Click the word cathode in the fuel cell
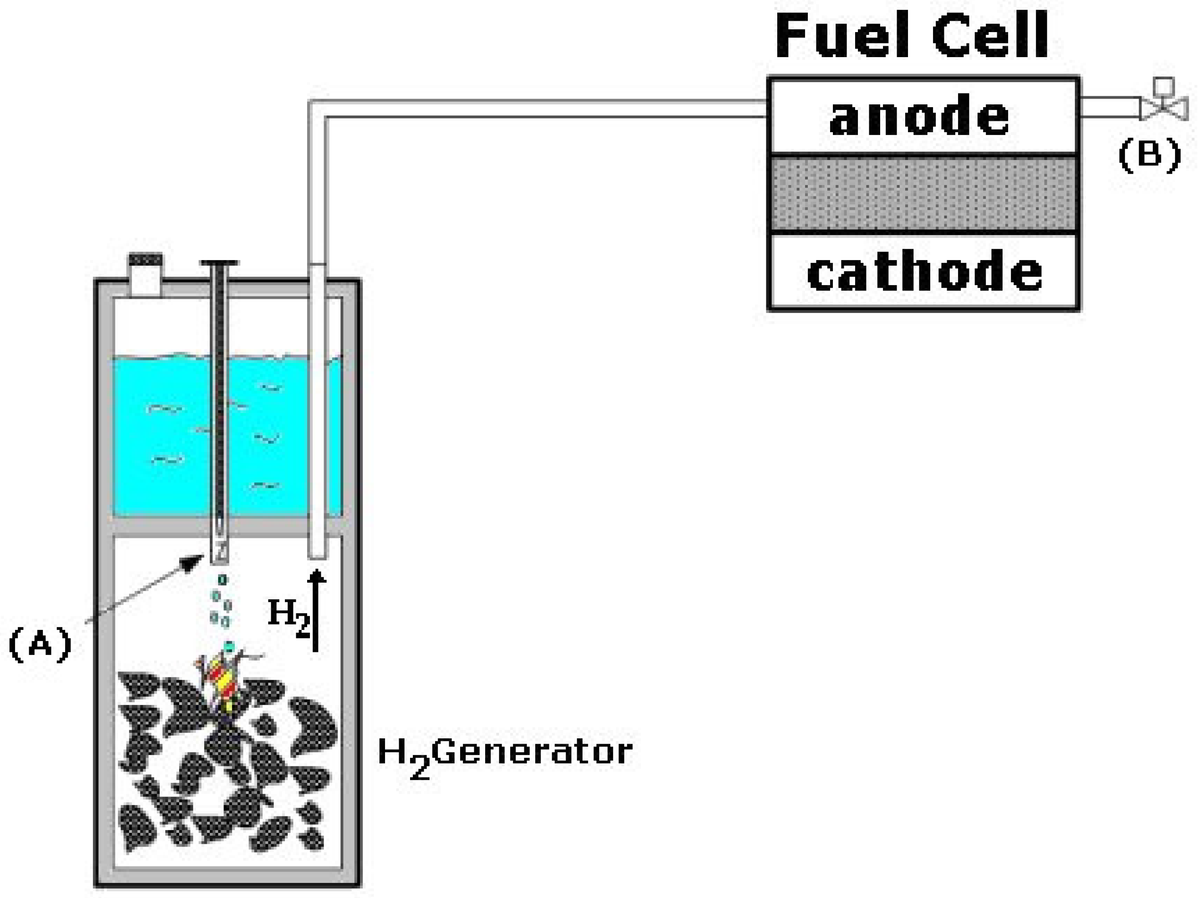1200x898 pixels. (924, 272)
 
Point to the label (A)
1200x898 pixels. (40, 644)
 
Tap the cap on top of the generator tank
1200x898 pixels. (146, 274)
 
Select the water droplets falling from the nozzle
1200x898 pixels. (220, 602)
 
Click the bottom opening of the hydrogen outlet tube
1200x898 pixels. (317, 555)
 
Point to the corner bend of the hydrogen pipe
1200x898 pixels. (318, 109)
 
